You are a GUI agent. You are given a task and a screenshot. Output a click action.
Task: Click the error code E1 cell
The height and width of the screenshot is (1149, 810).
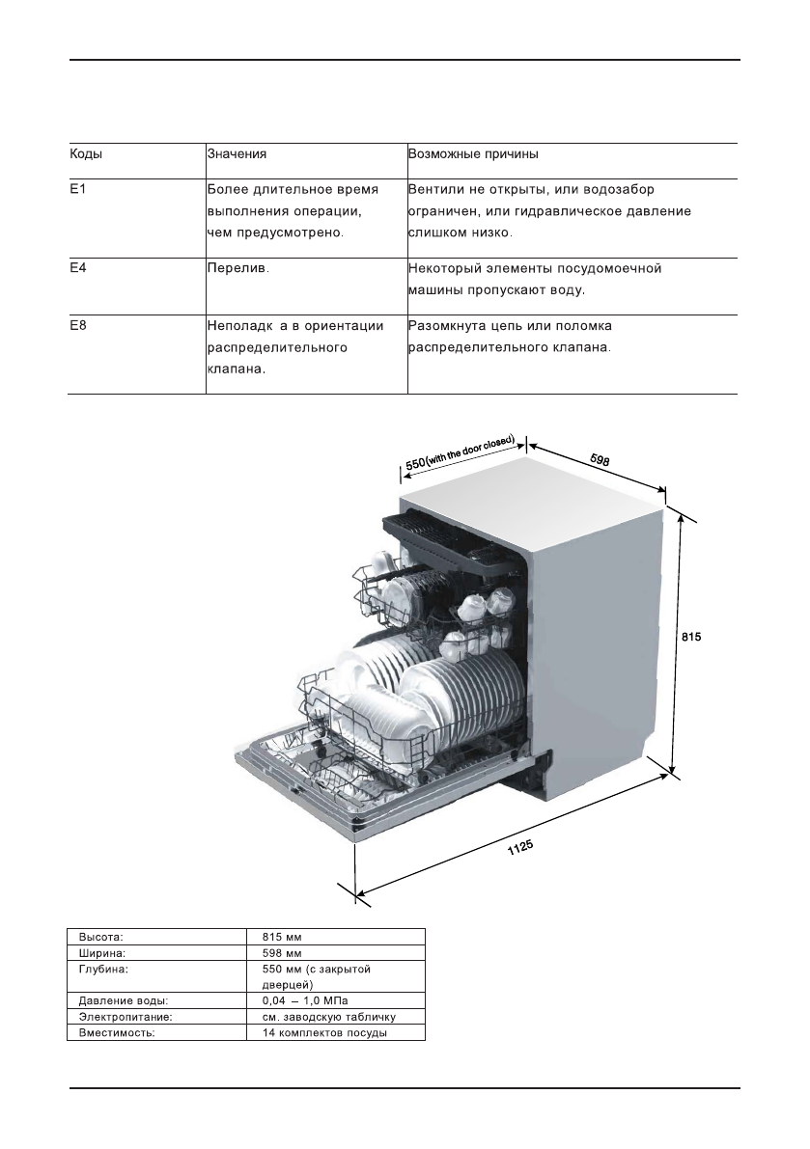pos(77,189)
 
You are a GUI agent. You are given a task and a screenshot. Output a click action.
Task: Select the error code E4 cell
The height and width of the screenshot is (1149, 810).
pos(77,268)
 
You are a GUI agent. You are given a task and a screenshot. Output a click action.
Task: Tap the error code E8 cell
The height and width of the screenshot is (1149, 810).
pos(77,325)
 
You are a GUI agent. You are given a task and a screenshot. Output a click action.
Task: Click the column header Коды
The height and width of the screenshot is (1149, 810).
pos(86,154)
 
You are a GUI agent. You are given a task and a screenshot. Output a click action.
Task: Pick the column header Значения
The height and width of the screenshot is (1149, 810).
pos(237,154)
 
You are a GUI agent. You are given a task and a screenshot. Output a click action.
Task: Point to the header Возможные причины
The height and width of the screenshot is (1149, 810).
pos(473,154)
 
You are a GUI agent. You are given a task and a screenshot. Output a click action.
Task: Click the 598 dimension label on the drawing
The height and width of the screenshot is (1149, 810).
pos(600,460)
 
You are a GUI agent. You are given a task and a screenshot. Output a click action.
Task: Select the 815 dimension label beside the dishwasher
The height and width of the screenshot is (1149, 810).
pos(691,637)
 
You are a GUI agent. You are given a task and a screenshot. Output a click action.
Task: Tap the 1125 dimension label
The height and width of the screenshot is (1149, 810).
pos(519,848)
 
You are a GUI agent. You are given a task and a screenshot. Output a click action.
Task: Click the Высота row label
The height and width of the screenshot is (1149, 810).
pos(100,937)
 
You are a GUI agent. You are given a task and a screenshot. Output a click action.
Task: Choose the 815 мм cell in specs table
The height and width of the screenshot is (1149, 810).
pos(282,937)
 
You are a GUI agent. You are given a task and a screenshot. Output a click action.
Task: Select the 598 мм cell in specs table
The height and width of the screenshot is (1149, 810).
pos(282,953)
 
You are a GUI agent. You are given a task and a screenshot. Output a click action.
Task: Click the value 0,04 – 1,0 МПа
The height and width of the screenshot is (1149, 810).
pos(306,1000)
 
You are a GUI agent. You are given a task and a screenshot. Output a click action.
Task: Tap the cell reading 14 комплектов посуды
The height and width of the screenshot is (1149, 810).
pos(324,1033)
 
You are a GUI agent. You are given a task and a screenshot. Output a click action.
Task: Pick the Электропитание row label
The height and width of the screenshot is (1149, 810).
pos(126,1017)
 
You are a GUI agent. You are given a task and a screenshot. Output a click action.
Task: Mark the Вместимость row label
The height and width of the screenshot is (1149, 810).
pos(117,1033)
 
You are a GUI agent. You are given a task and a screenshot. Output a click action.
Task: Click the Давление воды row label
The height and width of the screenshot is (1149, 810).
pos(124,1000)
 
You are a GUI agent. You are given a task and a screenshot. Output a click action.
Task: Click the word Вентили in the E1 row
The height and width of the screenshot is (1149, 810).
pos(436,189)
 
